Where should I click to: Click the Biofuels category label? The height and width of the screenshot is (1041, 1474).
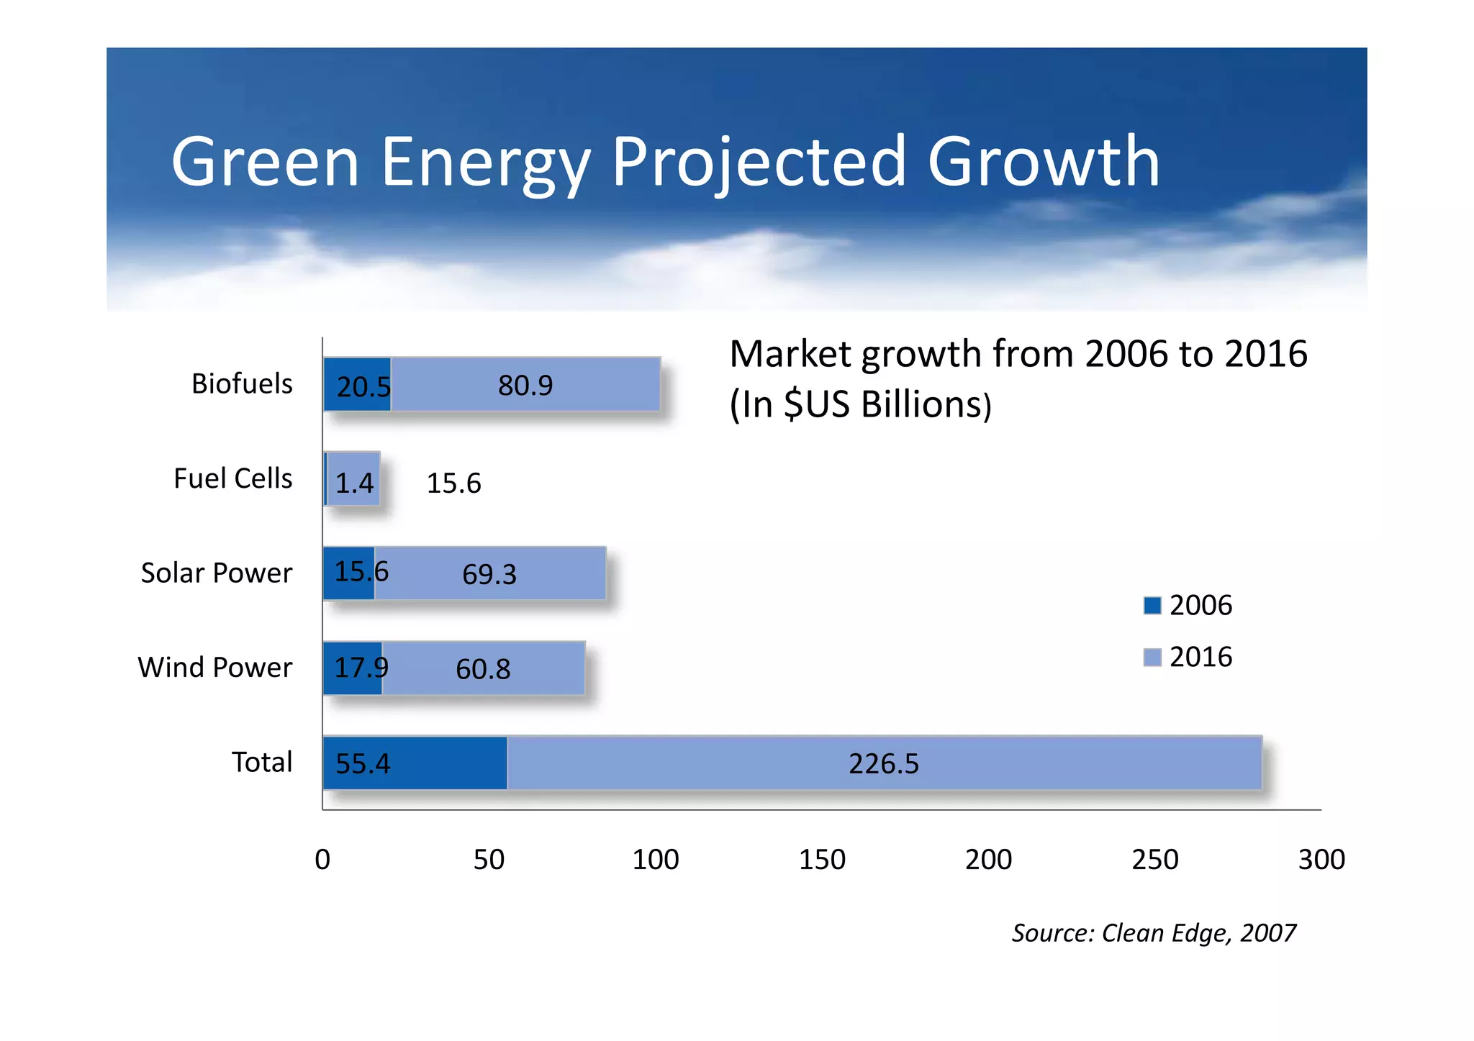[242, 384]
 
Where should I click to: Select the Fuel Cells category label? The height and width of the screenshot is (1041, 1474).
[232, 478]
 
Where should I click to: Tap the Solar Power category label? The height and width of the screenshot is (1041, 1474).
[216, 573]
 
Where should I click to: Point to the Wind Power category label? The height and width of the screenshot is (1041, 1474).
[214, 668]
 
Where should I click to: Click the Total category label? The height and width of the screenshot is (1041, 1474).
[261, 763]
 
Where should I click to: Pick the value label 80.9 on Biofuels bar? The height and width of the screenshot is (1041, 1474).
[525, 386]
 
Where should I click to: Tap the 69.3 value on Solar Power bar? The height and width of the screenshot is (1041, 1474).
[489, 575]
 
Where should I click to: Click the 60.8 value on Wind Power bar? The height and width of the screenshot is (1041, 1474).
[483, 670]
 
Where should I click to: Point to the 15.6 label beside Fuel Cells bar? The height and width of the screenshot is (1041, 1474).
[453, 483]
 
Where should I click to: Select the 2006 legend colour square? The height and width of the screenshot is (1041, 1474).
[1152, 606]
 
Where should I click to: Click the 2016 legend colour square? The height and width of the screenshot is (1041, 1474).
[1152, 658]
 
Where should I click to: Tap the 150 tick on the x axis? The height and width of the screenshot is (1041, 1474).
[822, 860]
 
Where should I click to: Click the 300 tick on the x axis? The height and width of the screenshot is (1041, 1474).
[1321, 860]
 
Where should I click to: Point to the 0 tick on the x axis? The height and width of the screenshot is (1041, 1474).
[322, 860]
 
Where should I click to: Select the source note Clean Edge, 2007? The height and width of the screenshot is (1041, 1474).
[1154, 933]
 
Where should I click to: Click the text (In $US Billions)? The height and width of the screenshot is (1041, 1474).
[861, 404]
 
